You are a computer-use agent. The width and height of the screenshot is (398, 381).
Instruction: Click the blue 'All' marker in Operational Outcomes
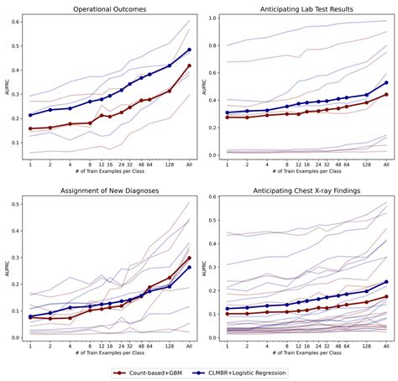[x=190, y=50]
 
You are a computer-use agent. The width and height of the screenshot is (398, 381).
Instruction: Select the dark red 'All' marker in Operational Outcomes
[x=190, y=65]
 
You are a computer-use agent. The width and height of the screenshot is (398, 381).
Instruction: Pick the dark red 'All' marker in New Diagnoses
[x=190, y=258]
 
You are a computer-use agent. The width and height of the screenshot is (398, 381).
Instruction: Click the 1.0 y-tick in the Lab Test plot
[x=212, y=18]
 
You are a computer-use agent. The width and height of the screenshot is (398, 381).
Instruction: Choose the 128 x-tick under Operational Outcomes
[x=170, y=164]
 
